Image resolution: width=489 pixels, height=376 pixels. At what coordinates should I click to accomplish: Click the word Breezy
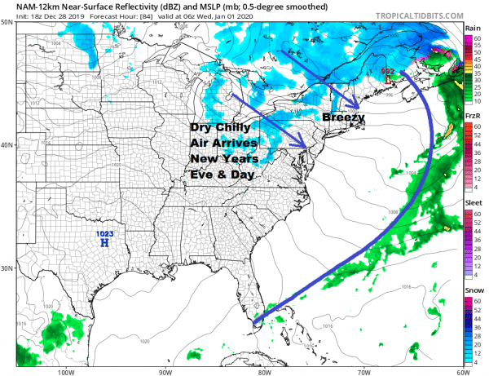[x=343, y=117]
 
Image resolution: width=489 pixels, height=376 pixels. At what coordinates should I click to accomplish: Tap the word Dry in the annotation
[x=205, y=129]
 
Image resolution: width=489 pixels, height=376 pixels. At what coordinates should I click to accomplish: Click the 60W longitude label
[x=460, y=369]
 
